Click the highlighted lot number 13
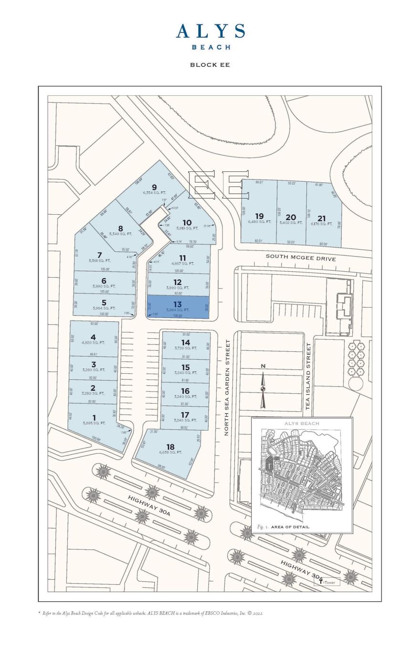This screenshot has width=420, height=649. pos(178,304)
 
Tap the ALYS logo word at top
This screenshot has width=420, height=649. pos(210,31)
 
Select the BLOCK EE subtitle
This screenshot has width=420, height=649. pos(210,65)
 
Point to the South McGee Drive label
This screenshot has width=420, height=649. pos(301,258)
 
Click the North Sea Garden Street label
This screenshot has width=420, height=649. pos(227,387)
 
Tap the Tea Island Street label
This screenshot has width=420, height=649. pos(308,376)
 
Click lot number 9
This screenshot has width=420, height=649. pos(154,187)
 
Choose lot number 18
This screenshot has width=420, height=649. pos(170,447)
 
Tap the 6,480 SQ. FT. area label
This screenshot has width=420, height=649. pos(259,222)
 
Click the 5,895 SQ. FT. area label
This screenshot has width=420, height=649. pos(94,423)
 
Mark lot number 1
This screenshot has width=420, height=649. pos(94,418)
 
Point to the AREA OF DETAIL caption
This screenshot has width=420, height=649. pos(290,527)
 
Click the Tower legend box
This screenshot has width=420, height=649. pos(327,582)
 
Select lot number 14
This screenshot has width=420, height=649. pos(186,343)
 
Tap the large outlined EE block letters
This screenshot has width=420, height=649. pos(219,185)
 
